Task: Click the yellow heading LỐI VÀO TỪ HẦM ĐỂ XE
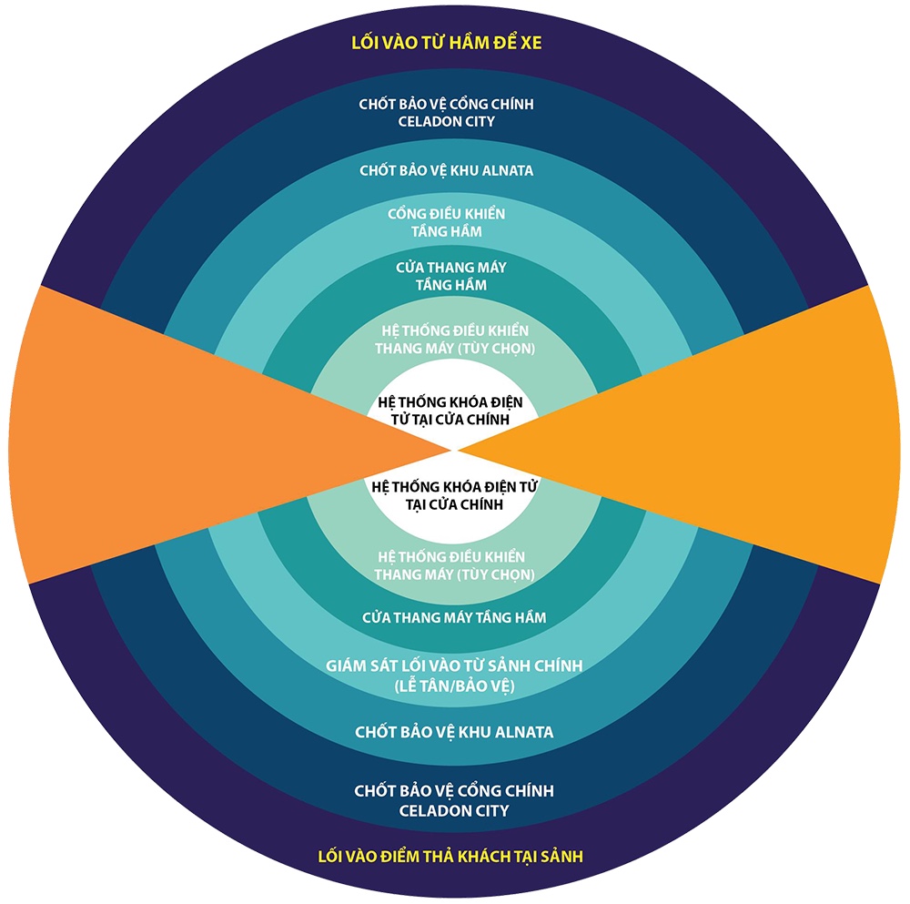click(x=454, y=42)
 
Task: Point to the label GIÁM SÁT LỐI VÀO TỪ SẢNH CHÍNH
click(x=454, y=666)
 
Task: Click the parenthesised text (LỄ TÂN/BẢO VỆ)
click(x=454, y=685)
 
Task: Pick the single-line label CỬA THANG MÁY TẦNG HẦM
click(x=454, y=618)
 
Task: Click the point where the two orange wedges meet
click(x=456, y=449)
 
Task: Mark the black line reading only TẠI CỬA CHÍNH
click(x=455, y=504)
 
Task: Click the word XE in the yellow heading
click(x=545, y=42)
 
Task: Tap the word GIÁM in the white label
click(x=347, y=666)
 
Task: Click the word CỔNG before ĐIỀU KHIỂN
click(x=407, y=214)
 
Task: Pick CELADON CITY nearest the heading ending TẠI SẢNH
click(x=454, y=810)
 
